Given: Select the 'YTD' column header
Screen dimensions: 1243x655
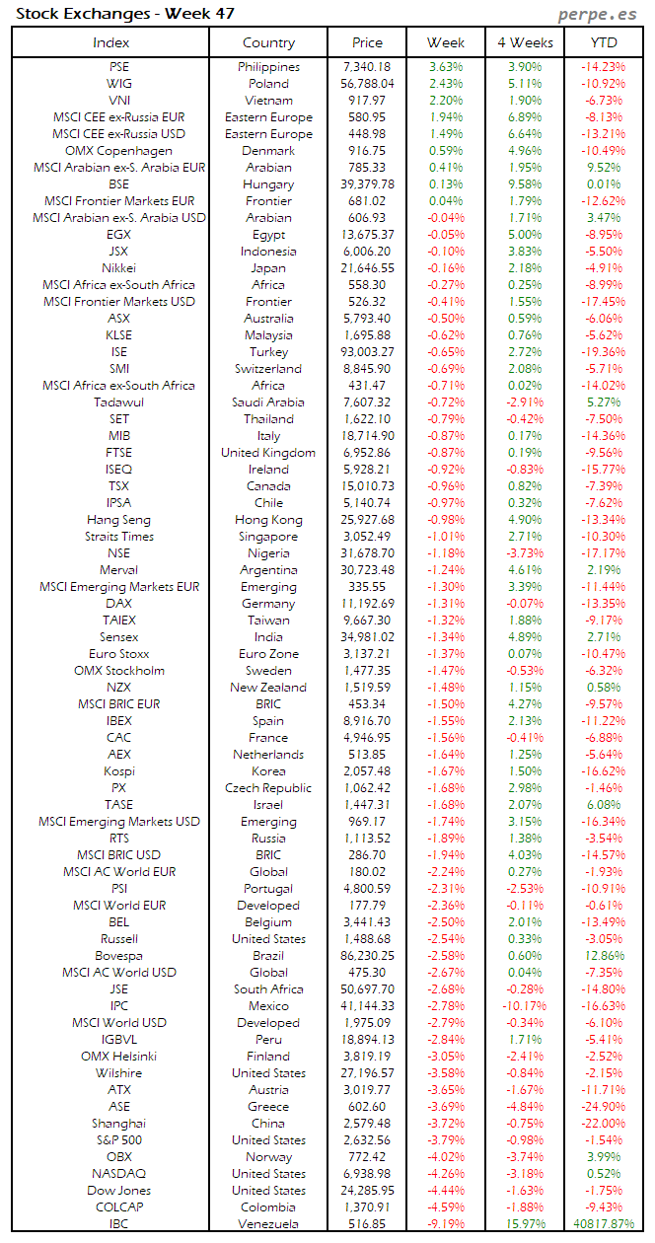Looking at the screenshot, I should coord(604,42).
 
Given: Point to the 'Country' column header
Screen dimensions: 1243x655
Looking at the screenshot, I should coord(268,42).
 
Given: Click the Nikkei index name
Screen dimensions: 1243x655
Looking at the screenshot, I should coord(118,267).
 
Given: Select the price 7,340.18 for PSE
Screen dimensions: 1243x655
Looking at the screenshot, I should coord(367,66).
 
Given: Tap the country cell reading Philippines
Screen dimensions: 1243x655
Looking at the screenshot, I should coord(268,66).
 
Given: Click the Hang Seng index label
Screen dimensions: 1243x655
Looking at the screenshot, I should coord(118,519).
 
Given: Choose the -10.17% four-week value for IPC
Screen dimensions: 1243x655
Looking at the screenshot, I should coord(525,1005).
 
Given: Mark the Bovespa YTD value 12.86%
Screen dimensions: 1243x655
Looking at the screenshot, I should coord(604,955).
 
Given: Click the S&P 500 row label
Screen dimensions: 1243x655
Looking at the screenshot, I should coord(118,1139).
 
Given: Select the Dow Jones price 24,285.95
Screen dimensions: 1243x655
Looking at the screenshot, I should coord(367,1190).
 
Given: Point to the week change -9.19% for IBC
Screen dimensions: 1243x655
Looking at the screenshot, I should coord(446,1223).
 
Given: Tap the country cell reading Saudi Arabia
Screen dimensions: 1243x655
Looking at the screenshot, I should coord(268,402).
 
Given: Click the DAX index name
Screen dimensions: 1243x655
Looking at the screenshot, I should coord(118,603).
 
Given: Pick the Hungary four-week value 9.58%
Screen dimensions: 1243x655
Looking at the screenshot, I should coord(525,183).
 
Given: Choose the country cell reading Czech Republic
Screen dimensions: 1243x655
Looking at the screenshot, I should coord(268,787).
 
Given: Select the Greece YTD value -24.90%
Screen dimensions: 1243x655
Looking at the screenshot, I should coord(604,1106).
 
